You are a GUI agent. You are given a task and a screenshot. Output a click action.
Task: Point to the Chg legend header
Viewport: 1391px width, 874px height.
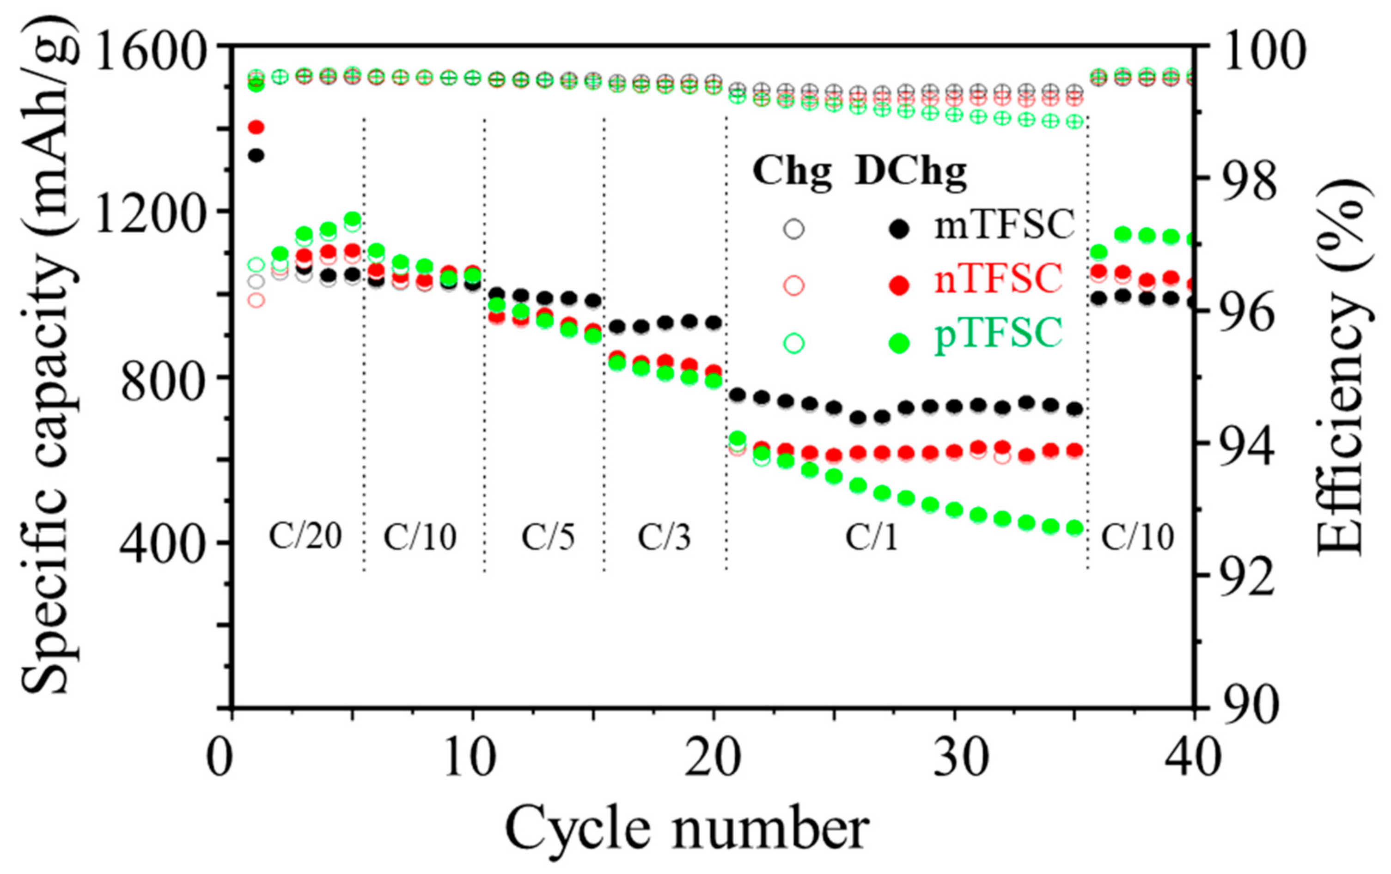tap(793, 172)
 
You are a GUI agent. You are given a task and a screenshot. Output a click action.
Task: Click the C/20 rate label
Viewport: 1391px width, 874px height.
tap(305, 537)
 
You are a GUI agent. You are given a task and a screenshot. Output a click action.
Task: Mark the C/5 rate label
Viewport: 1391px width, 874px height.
tap(548, 537)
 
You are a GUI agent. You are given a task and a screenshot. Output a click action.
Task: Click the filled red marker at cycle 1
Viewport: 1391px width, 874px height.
tap(256, 127)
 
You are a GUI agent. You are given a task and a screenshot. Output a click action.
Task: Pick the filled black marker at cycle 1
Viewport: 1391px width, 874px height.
tap(256, 155)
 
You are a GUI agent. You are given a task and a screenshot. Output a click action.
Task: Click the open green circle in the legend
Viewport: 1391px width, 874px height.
tap(794, 343)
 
